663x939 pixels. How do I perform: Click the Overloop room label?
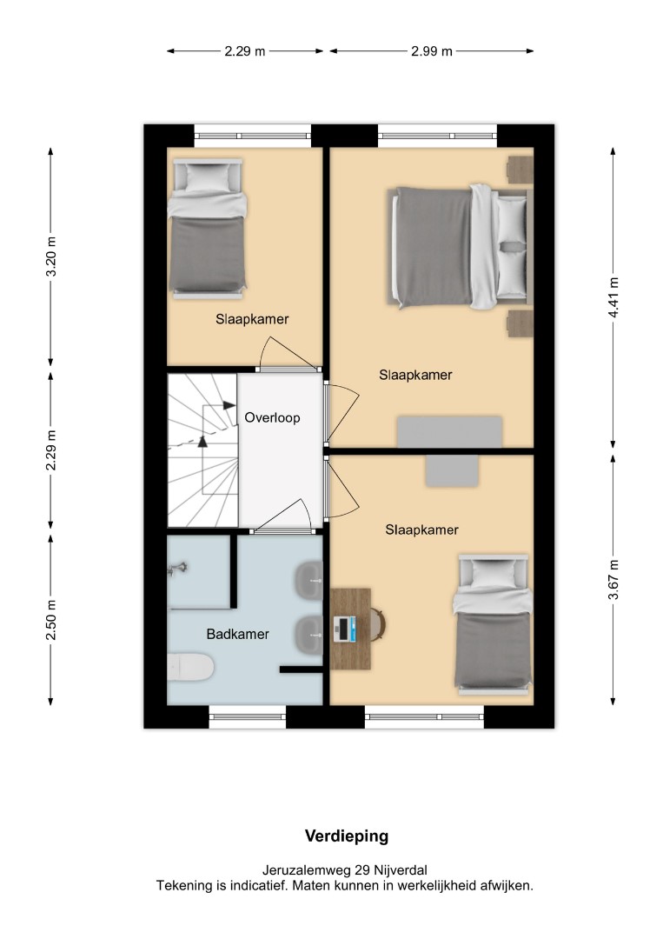pos(272,417)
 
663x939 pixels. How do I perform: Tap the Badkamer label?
pos(237,634)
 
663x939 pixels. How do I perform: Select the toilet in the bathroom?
pos(190,667)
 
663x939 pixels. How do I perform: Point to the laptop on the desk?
pos(344,629)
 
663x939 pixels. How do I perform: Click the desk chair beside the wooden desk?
pos(378,624)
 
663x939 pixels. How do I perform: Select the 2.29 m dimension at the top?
pos(245,51)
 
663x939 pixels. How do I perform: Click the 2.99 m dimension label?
pos(432,51)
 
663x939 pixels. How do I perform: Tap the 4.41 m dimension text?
pos(613,297)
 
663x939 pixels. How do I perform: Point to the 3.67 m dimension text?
pos(613,579)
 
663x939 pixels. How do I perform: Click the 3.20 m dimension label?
pos(51,256)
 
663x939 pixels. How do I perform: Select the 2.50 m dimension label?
pos(51,620)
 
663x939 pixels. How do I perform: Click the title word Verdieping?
pos(347,836)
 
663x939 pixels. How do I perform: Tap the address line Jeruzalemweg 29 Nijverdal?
pos(345,870)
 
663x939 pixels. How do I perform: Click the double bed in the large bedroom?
pos(460,247)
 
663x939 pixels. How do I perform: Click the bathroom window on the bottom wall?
pos(247,716)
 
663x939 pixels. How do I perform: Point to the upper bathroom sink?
pos(308,579)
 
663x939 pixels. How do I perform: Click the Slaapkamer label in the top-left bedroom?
pos(252,319)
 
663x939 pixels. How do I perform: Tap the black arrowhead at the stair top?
pos(229,405)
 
